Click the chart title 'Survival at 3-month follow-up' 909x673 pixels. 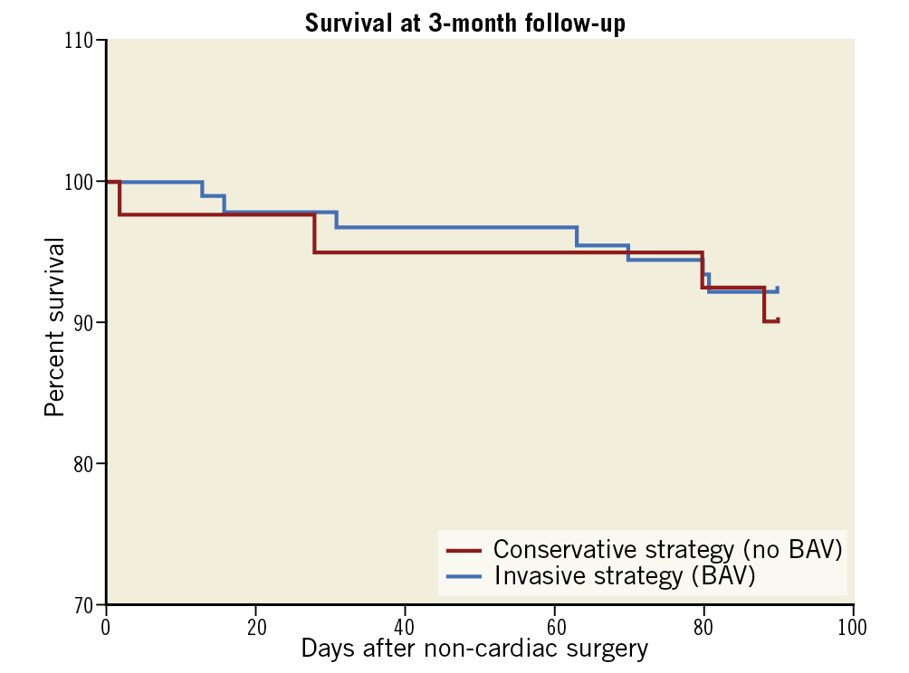[464, 24]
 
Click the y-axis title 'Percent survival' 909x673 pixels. [55, 327]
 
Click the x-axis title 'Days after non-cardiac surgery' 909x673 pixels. [474, 649]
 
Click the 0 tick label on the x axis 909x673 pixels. [106, 626]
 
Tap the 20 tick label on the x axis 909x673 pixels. [255, 626]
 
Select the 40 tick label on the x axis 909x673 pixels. [405, 626]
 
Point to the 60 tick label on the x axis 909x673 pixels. [554, 626]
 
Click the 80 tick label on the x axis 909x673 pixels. [703, 626]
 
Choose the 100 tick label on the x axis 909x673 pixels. [852, 626]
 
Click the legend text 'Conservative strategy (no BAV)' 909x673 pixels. [667, 549]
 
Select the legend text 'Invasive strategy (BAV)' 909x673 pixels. [624, 574]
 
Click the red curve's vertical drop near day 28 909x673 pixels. [314, 233]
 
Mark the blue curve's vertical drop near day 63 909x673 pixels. [577, 236]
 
